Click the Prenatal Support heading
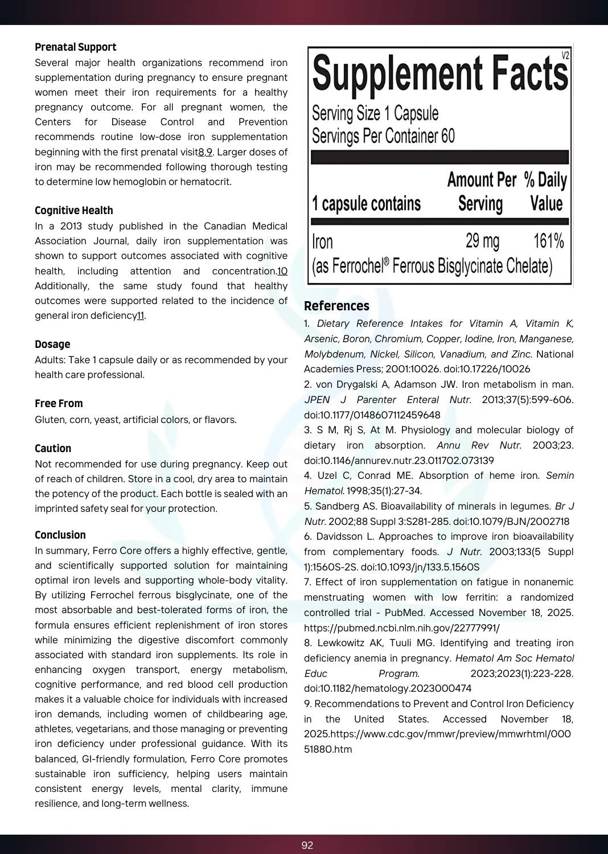(75, 47)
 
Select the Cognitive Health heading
(73, 211)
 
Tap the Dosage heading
(52, 344)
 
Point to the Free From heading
(59, 404)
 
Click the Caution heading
(53, 449)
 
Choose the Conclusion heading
(60, 535)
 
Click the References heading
(336, 306)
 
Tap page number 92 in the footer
(307, 845)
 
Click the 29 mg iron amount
(482, 241)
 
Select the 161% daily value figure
(548, 241)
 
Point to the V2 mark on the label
(565, 55)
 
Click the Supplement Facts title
(440, 73)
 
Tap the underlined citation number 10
(282, 272)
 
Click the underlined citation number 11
(141, 316)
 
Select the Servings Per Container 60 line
(383, 136)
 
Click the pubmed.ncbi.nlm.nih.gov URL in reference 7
(402, 628)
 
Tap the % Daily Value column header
(545, 192)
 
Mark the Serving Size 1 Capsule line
(375, 113)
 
